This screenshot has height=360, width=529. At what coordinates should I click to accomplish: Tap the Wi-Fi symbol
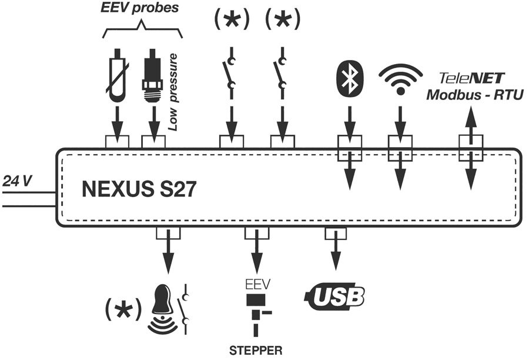pos(401,80)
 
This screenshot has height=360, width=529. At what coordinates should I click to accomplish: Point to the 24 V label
pos(16,181)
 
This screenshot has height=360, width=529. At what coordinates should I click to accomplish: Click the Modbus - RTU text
pos(474,95)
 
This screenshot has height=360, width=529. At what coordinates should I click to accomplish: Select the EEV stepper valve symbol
pos(257,312)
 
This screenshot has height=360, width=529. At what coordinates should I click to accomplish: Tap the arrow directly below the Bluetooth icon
pos(349,121)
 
